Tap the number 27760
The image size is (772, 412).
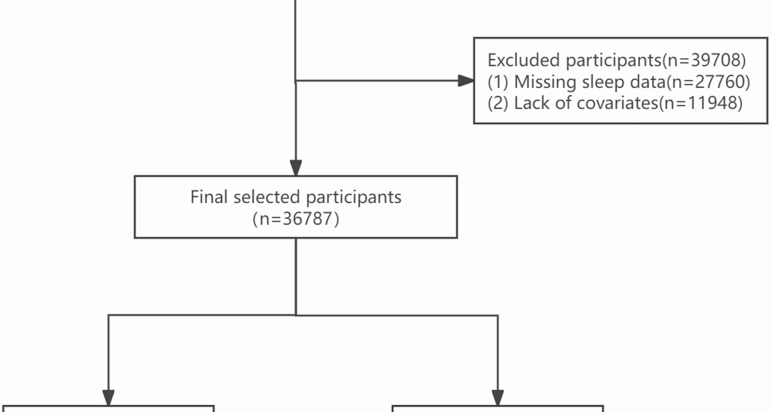tap(720, 82)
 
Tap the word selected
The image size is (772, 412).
tap(267, 197)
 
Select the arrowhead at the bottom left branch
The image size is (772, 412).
tap(109, 397)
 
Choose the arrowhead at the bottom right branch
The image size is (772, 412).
tap(498, 397)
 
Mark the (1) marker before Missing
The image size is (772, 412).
tap(498, 82)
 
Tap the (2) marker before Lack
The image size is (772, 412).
tap(498, 103)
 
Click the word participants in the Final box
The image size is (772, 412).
tap(353, 197)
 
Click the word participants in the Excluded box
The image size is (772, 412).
tap(614, 60)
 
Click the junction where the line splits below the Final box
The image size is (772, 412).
tap(296, 315)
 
